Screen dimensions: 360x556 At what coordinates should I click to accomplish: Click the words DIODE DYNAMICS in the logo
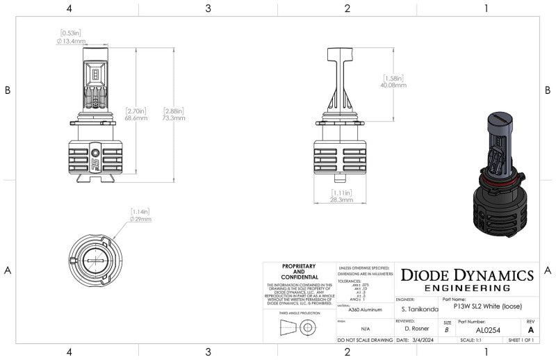tap(467, 275)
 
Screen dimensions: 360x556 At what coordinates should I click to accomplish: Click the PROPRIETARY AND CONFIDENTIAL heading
tap(299, 271)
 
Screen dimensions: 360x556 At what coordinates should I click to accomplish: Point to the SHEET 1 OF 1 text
tap(521, 341)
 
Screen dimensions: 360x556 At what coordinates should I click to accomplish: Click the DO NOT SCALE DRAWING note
tap(365, 341)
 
